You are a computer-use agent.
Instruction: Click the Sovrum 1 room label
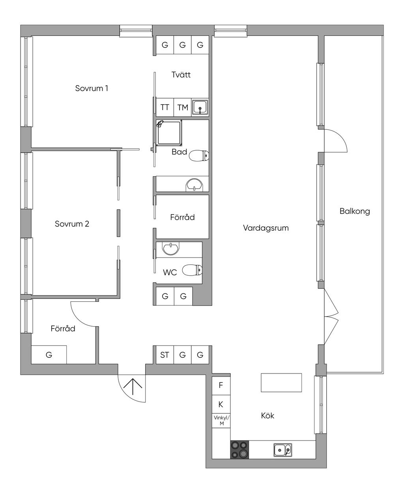(92, 88)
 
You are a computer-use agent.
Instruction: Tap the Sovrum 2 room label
(72, 224)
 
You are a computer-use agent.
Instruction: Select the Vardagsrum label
(266, 228)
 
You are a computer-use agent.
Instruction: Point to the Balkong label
(355, 211)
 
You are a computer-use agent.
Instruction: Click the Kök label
(267, 415)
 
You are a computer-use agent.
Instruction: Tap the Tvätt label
(181, 75)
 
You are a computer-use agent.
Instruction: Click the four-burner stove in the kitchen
(239, 450)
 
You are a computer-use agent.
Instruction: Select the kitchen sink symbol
(282, 450)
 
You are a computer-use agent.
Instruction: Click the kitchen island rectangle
(281, 383)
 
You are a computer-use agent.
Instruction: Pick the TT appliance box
(165, 107)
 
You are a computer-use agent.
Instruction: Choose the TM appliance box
(182, 107)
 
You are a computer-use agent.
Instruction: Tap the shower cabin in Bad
(169, 133)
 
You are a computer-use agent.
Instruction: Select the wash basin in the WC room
(171, 248)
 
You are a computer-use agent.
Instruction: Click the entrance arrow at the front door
(132, 387)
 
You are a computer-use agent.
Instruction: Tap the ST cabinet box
(165, 355)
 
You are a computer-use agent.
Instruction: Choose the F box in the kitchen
(221, 385)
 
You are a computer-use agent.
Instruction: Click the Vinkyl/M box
(221, 420)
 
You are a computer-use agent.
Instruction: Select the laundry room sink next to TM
(200, 107)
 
